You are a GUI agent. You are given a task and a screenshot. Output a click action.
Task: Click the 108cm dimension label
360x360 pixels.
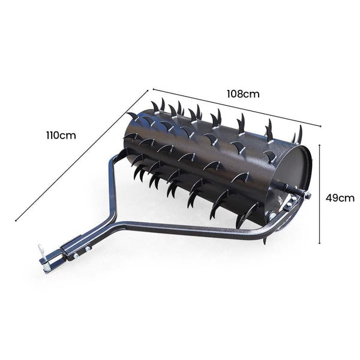click(x=242, y=94)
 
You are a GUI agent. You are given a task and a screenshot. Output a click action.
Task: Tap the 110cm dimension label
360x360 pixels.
click(x=61, y=135)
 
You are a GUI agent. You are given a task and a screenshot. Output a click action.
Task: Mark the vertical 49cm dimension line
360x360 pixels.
click(x=319, y=192)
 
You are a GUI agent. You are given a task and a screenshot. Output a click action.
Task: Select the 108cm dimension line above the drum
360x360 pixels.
click(x=237, y=108)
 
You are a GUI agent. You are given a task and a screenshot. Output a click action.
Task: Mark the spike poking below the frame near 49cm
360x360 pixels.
click(x=265, y=240)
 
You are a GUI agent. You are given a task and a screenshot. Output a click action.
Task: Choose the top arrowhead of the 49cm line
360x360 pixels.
click(x=319, y=144)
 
